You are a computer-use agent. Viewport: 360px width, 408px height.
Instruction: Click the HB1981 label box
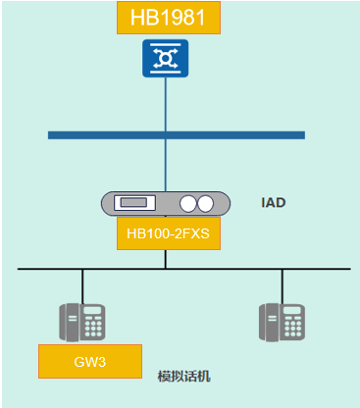coord(168,18)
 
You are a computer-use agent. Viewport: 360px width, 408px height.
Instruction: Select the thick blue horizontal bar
coord(177,134)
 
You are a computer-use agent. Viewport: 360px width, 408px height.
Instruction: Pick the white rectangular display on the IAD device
coord(132,204)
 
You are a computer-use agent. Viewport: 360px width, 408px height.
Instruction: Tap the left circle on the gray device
coord(187,204)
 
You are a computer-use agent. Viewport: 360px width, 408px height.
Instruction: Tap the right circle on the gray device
coord(205,204)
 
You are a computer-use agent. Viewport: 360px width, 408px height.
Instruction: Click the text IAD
coord(273,203)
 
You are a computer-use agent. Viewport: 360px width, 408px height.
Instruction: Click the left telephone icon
coord(82,321)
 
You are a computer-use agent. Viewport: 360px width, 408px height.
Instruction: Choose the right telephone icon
coord(282,321)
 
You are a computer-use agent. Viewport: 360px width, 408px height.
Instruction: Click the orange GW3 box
coord(89,361)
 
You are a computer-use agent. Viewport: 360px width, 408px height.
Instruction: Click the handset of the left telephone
coord(71,321)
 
